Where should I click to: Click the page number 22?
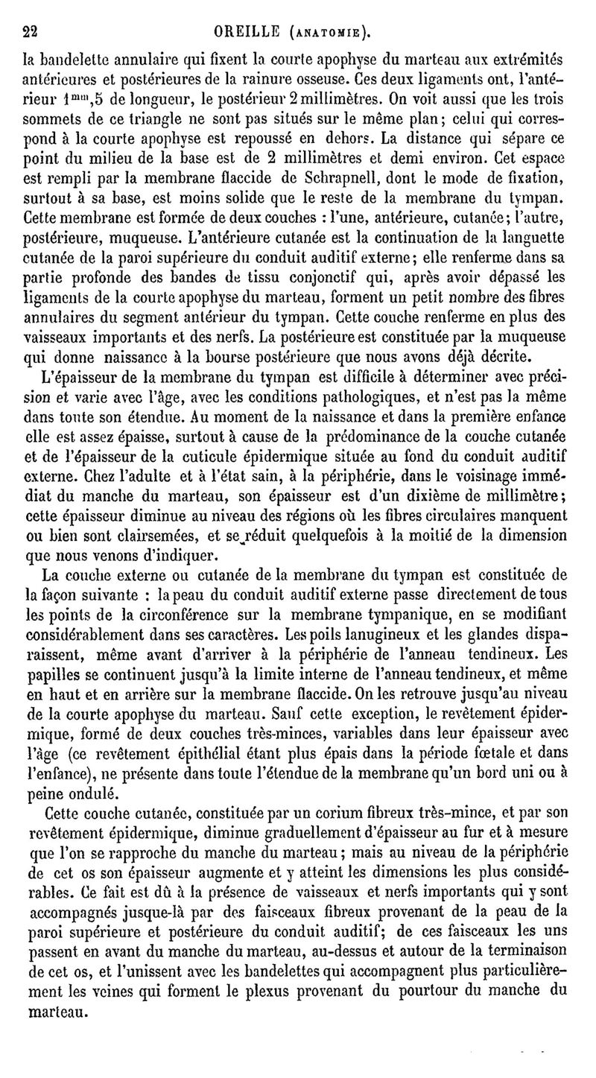tap(30, 31)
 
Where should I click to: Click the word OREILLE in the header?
tap(246, 31)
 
